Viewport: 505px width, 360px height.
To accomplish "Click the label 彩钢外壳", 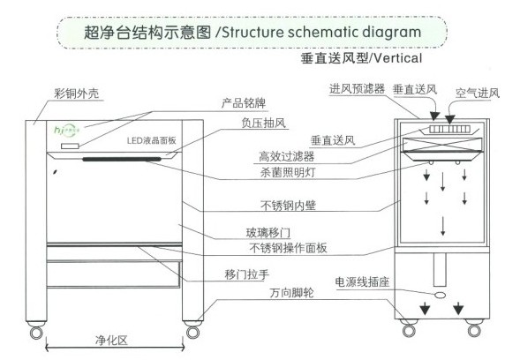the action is [76, 94].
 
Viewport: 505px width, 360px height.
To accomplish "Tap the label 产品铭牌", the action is [244, 103].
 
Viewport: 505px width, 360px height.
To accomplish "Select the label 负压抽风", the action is [263, 123].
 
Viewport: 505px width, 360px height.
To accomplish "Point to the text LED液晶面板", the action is [151, 140].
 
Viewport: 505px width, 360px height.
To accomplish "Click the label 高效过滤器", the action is [286, 157].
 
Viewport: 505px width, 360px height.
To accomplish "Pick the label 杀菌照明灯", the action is [288, 173].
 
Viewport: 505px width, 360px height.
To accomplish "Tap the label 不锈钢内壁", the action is [288, 206].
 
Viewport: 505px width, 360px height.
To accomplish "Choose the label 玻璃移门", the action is [268, 232].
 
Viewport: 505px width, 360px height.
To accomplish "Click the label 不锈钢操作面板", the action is [288, 248].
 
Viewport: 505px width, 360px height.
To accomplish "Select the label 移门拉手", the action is [246, 274].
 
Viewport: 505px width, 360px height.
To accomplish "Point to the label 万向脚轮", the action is [291, 293].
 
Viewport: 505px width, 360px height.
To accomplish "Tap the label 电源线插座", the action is [362, 282].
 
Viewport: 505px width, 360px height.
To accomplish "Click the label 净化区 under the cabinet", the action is [111, 341].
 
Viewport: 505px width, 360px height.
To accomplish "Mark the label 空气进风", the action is [478, 93].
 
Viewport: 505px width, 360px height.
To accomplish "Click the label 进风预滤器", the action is [357, 88].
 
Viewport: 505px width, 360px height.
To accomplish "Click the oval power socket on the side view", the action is [441, 295].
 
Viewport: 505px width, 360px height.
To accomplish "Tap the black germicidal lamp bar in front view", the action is [122, 159].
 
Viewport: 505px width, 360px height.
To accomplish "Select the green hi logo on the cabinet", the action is [67, 130].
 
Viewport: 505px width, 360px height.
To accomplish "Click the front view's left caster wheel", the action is [36, 333].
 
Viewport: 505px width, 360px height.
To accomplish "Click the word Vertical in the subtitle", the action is [398, 58].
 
